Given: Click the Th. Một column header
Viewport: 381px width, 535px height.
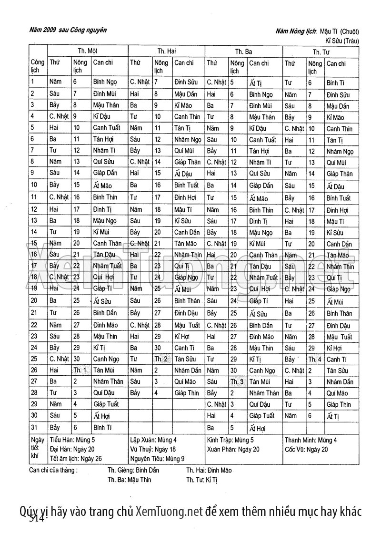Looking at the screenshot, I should point(88,51).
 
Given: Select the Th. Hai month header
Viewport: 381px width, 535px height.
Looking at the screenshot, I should point(166,51).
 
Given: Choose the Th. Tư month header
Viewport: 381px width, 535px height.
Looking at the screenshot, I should point(321,51).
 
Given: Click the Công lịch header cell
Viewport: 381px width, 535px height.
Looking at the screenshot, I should point(38,66).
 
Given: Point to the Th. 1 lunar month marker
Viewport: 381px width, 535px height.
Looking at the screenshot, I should point(80,370).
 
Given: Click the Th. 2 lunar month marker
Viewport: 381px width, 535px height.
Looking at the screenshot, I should point(160,359).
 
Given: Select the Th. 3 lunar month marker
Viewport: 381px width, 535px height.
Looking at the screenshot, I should point(237,382).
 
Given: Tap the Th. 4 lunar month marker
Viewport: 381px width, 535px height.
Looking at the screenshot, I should point(315,359).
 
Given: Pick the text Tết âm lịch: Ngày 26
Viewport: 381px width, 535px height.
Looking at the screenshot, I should point(76,458).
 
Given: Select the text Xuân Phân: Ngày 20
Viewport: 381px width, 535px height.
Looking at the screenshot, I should point(233,449).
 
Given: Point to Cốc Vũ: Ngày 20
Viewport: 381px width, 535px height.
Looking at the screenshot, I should point(306,449).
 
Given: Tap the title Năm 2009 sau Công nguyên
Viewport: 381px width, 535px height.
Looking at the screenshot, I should point(67,31).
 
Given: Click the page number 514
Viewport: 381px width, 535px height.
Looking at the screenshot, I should point(36,518).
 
